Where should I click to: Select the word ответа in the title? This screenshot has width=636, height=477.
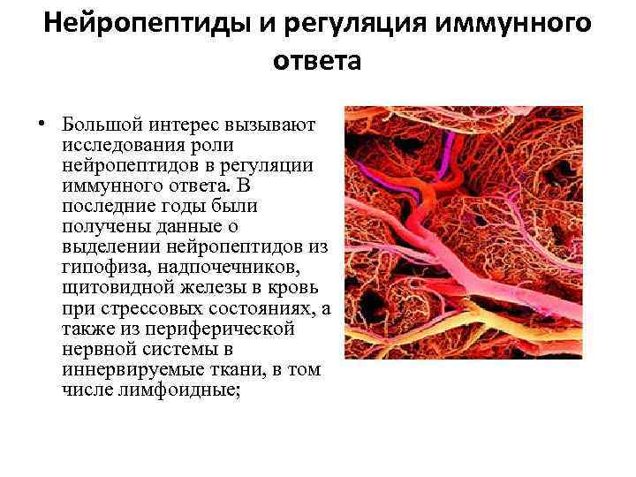[318, 61]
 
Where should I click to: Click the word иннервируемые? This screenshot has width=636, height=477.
[124, 369]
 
